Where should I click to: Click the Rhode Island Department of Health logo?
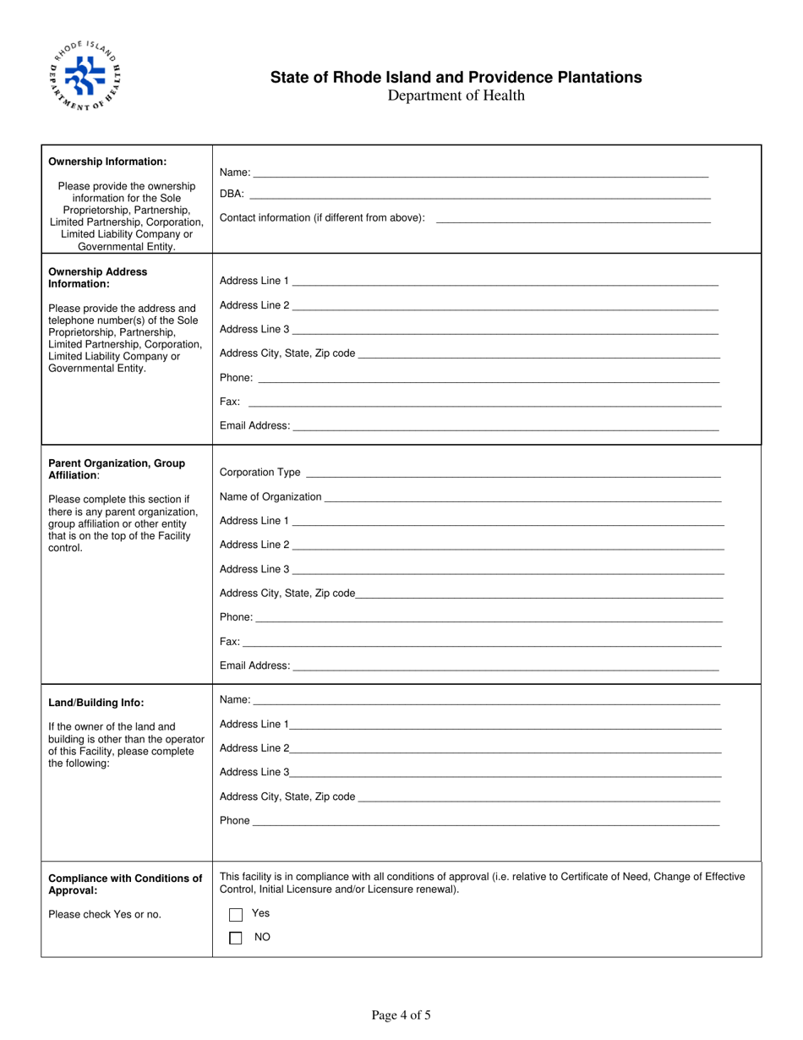click(x=85, y=77)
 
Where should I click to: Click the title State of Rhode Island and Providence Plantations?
click(x=456, y=78)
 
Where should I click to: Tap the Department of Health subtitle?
click(x=456, y=96)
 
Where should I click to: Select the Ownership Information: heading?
click(x=107, y=161)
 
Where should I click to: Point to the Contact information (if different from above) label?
click(x=322, y=218)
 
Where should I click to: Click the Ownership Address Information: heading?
click(x=98, y=277)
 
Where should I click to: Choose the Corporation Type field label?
click(x=260, y=473)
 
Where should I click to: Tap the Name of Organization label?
click(x=270, y=497)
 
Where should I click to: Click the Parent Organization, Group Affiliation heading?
click(x=117, y=469)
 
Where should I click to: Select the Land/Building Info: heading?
click(x=96, y=703)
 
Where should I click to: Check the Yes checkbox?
click(x=236, y=915)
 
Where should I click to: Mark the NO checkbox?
click(x=236, y=938)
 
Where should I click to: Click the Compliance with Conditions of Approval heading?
click(x=125, y=884)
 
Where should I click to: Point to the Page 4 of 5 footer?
click(x=401, y=1015)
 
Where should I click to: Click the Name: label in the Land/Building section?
click(x=235, y=700)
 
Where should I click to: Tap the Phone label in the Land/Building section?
click(x=235, y=820)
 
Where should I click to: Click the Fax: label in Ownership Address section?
click(x=230, y=402)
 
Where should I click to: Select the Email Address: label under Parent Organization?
click(x=254, y=666)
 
